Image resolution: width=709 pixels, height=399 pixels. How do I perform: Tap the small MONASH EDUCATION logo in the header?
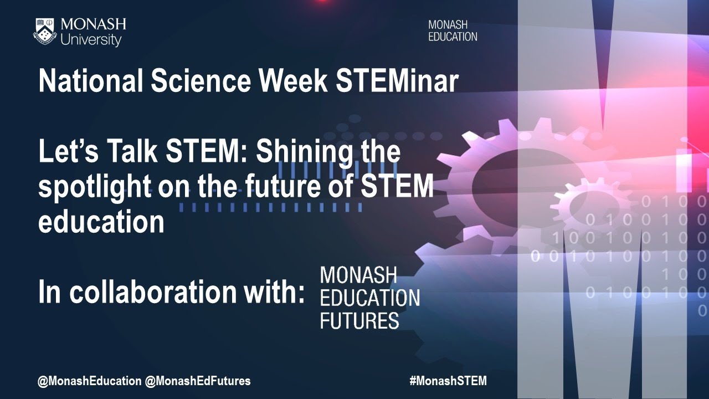click(x=452, y=31)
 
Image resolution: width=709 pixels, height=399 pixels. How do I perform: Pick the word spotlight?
click(x=94, y=188)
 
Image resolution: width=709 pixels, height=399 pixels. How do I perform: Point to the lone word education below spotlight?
click(x=101, y=222)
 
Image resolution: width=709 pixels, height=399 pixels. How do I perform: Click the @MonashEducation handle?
click(x=89, y=381)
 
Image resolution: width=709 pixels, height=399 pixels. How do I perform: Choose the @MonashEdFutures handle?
click(x=198, y=381)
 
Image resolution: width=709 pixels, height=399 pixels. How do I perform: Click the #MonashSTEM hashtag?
click(x=448, y=381)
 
